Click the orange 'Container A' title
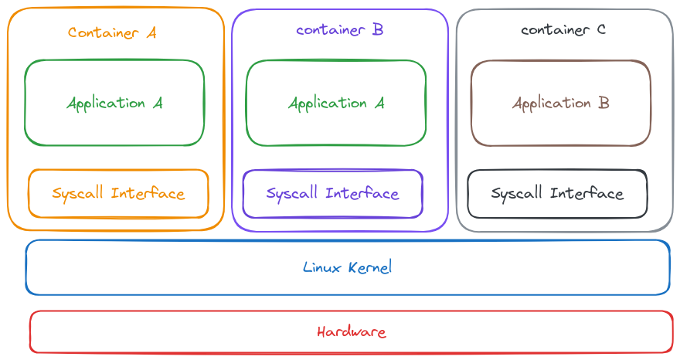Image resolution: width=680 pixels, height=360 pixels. coord(112,32)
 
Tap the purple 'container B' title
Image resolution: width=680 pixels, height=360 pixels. coord(339,30)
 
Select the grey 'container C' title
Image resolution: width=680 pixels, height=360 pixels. coord(563,30)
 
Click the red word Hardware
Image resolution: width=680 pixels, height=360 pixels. coord(351,332)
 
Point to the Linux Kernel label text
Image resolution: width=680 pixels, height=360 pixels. coord(348,267)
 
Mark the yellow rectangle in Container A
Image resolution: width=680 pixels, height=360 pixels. coord(97,207)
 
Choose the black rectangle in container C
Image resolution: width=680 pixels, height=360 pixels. coord(537,207)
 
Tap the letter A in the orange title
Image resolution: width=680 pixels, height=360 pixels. coord(151,32)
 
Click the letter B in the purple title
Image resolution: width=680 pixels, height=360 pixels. coord(378,30)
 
